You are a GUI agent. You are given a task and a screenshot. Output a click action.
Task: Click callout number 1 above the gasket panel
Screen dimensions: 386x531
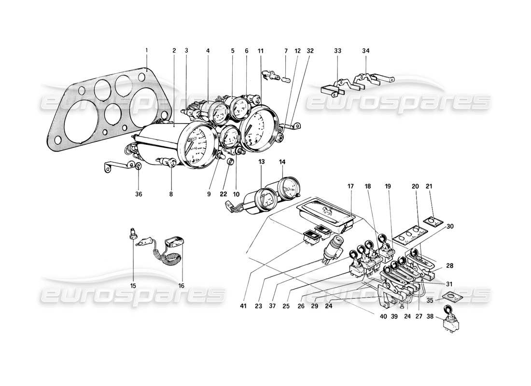(x=146, y=50)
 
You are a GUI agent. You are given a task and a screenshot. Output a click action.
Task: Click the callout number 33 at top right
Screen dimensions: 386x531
(x=337, y=50)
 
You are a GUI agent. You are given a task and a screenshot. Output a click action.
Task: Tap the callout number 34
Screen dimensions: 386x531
(x=366, y=50)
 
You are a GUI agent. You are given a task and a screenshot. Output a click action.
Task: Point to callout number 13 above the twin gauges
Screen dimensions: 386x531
(x=261, y=163)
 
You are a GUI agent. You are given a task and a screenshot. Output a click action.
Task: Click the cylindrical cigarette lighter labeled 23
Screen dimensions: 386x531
(x=331, y=248)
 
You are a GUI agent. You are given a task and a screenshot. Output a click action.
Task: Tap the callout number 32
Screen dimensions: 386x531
(x=309, y=50)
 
